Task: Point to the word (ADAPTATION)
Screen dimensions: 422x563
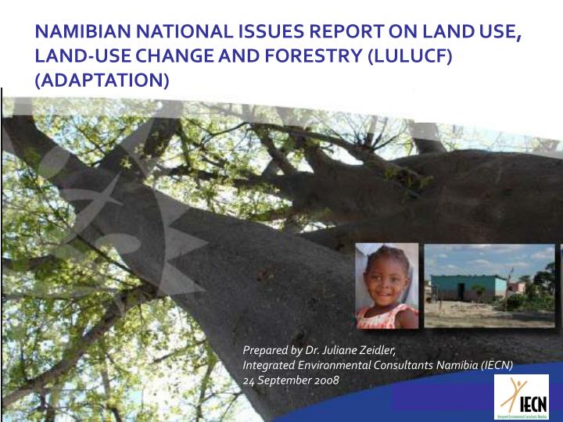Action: [101, 80]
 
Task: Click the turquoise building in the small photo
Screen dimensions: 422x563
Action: [468, 288]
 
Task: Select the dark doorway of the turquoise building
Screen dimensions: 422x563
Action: [478, 291]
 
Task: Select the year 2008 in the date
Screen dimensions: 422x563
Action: [325, 380]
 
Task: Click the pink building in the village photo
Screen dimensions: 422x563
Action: [516, 288]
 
